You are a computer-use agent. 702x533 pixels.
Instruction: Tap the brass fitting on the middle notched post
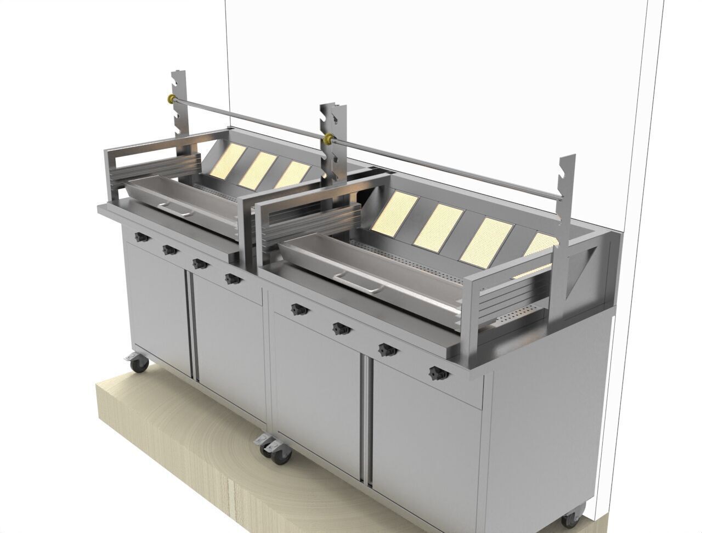[329, 137]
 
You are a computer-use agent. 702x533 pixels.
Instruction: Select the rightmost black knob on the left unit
[233, 279]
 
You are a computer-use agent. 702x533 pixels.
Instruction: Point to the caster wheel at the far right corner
[570, 519]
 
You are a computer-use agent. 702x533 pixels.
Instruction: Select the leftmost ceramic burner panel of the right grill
[393, 211]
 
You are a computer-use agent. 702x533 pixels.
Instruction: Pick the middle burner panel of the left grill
[257, 167]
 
